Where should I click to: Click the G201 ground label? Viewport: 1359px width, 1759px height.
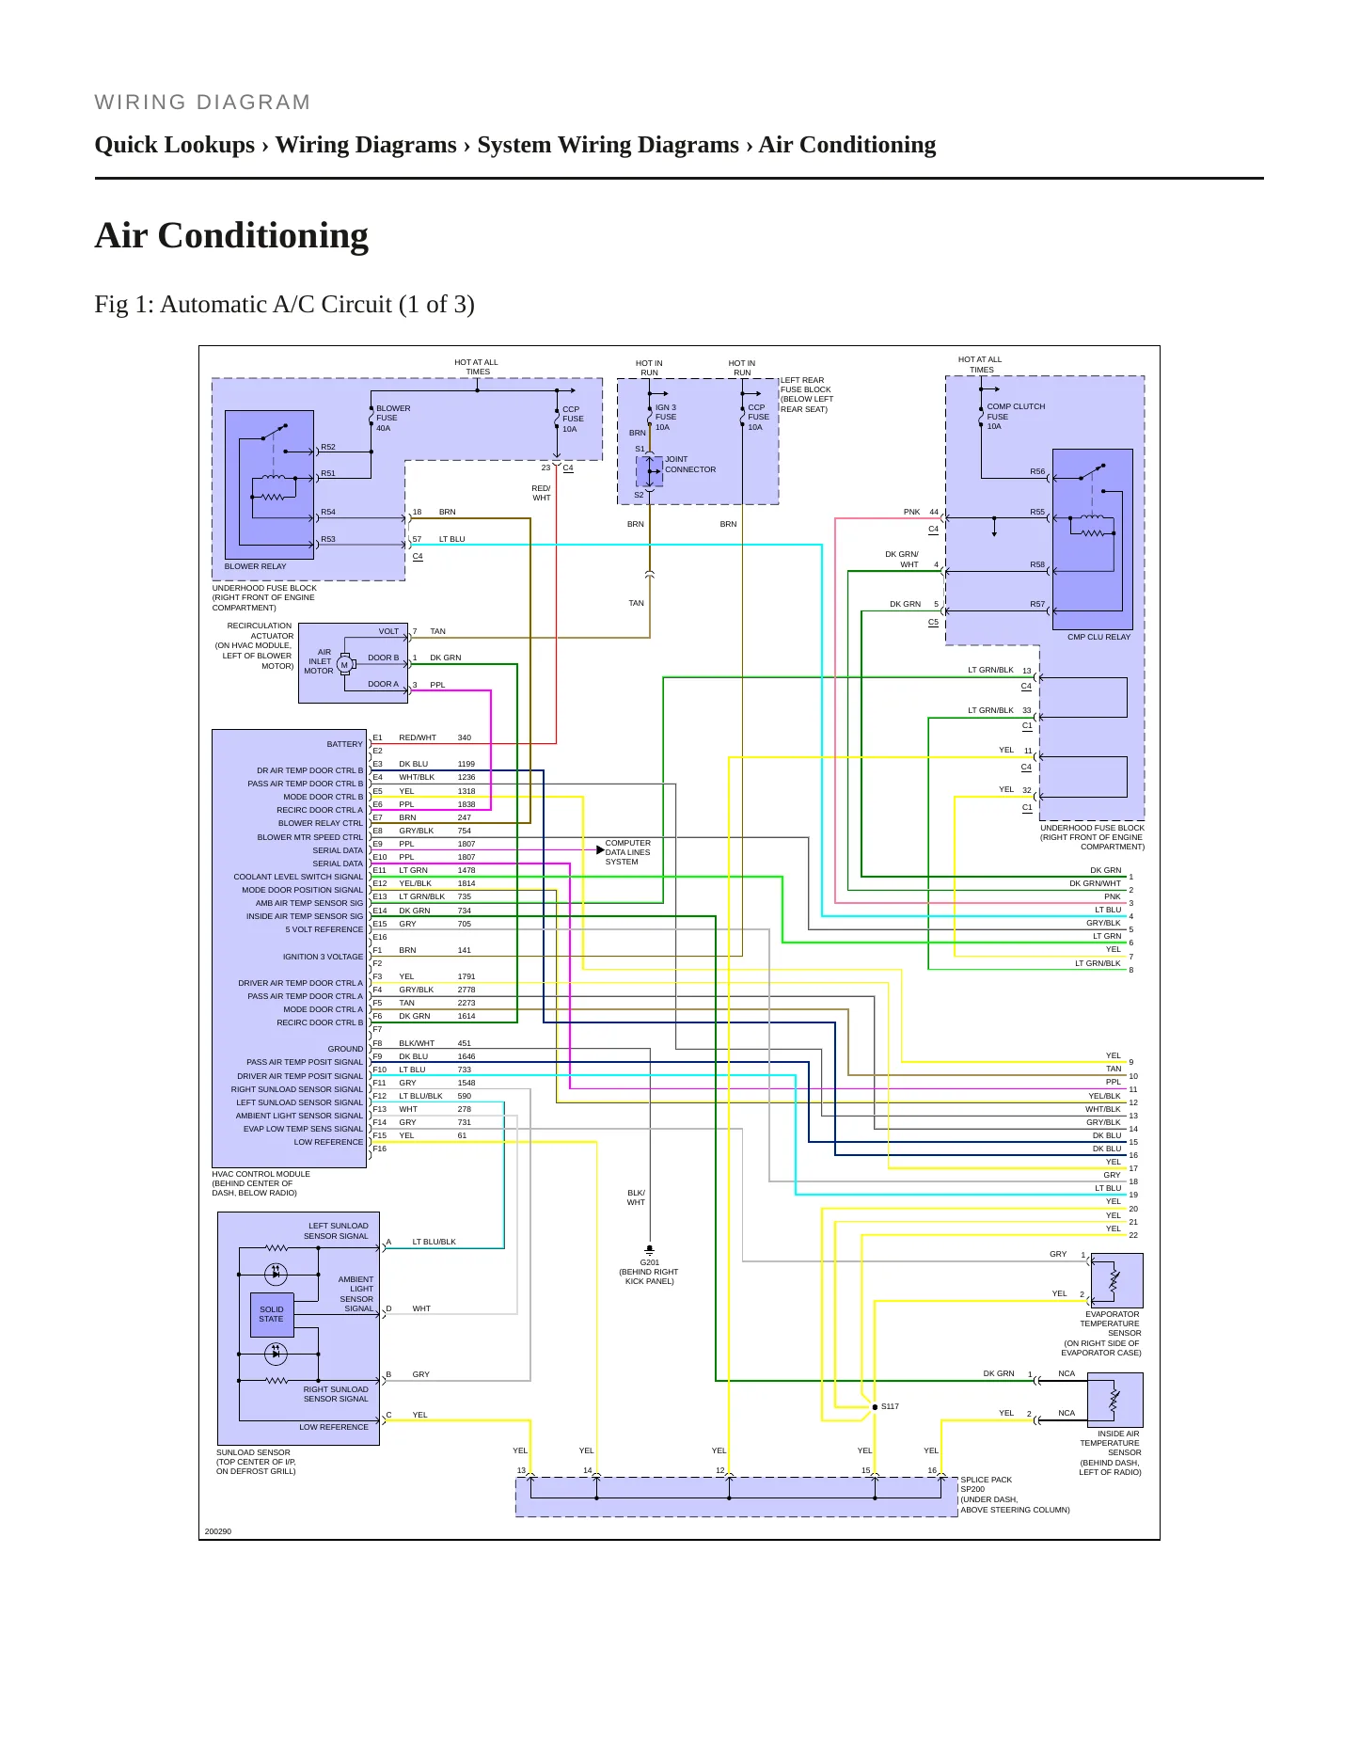(x=649, y=1262)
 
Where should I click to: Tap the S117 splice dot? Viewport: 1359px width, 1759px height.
(x=875, y=1407)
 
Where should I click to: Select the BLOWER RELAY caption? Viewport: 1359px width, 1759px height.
(x=255, y=566)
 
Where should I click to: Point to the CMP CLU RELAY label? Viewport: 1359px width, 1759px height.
(x=1098, y=637)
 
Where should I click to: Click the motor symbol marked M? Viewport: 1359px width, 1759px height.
(x=344, y=664)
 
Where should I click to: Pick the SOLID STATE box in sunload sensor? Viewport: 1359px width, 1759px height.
(x=271, y=1314)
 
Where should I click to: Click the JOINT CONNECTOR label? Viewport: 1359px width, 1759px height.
(x=690, y=465)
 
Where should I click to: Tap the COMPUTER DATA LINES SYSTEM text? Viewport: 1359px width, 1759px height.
(x=627, y=852)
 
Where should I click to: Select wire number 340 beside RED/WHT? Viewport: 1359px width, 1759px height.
(x=464, y=737)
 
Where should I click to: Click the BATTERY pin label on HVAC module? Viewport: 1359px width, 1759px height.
(x=344, y=744)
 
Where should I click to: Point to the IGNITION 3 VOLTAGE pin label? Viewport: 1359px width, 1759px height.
(x=323, y=957)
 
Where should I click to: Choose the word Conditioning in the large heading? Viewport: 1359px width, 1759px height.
(x=262, y=236)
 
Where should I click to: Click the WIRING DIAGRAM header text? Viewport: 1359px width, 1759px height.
(x=202, y=103)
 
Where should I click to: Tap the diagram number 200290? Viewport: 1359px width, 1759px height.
(x=217, y=1531)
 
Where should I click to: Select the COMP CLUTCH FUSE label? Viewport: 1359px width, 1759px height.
(x=1016, y=417)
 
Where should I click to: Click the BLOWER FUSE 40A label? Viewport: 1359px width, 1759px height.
(x=393, y=419)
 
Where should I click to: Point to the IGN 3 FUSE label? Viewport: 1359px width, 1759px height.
(x=666, y=418)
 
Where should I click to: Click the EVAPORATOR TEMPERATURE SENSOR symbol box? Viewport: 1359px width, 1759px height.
(x=1114, y=1280)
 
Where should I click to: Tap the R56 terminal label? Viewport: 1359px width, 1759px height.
(x=1037, y=471)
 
